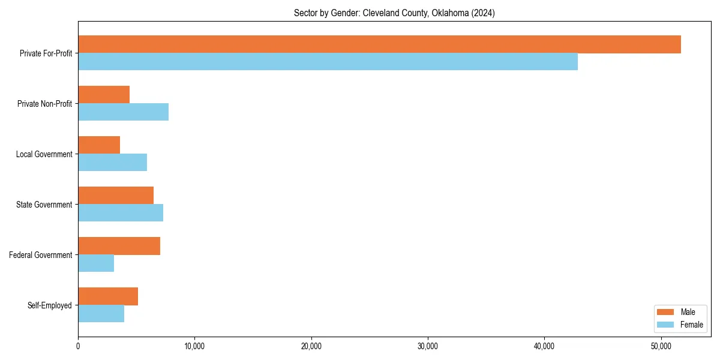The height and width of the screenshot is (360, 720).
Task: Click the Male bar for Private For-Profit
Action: [379, 44]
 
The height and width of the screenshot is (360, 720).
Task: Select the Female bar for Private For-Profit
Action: [328, 62]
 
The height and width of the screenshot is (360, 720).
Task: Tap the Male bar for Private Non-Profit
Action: [104, 95]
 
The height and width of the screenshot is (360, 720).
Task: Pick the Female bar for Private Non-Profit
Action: [123, 112]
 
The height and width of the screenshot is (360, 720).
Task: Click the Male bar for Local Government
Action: [99, 145]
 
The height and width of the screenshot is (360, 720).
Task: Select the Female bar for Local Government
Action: [112, 163]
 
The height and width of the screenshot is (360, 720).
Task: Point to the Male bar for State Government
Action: [116, 196]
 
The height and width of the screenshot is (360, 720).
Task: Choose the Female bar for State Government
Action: [121, 213]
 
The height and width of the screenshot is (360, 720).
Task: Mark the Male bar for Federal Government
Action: [119, 246]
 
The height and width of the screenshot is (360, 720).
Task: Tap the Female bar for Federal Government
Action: [96, 263]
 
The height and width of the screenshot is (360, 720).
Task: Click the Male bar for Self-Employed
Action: [108, 296]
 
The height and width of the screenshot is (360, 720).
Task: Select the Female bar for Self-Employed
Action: [101, 314]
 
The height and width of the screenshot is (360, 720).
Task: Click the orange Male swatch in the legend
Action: [666, 312]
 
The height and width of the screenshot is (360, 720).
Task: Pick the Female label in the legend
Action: [691, 325]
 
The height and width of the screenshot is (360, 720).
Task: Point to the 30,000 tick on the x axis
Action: [428, 346]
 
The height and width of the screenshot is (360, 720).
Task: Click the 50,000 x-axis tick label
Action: [661, 346]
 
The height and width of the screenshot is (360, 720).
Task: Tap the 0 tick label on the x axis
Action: [78, 346]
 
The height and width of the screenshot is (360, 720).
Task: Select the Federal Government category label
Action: [41, 255]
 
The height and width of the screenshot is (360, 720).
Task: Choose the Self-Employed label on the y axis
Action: [50, 305]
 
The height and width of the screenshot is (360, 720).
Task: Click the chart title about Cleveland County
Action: [394, 13]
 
